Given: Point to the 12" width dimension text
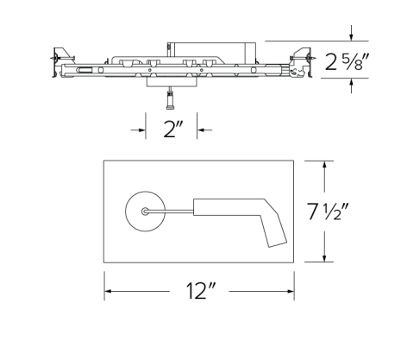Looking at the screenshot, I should pyautogui.click(x=199, y=292).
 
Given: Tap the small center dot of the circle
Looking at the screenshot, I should pyautogui.click(x=145, y=211).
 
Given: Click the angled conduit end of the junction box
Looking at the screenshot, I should pyautogui.click(x=277, y=231).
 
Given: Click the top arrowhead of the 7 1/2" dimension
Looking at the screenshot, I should pyautogui.click(x=324, y=164).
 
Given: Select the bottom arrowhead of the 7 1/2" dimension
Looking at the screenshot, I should pyautogui.click(x=324, y=258).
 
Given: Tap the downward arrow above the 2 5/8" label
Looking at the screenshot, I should pyautogui.click(x=352, y=35).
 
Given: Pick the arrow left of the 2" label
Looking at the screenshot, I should pyautogui.click(x=143, y=129).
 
